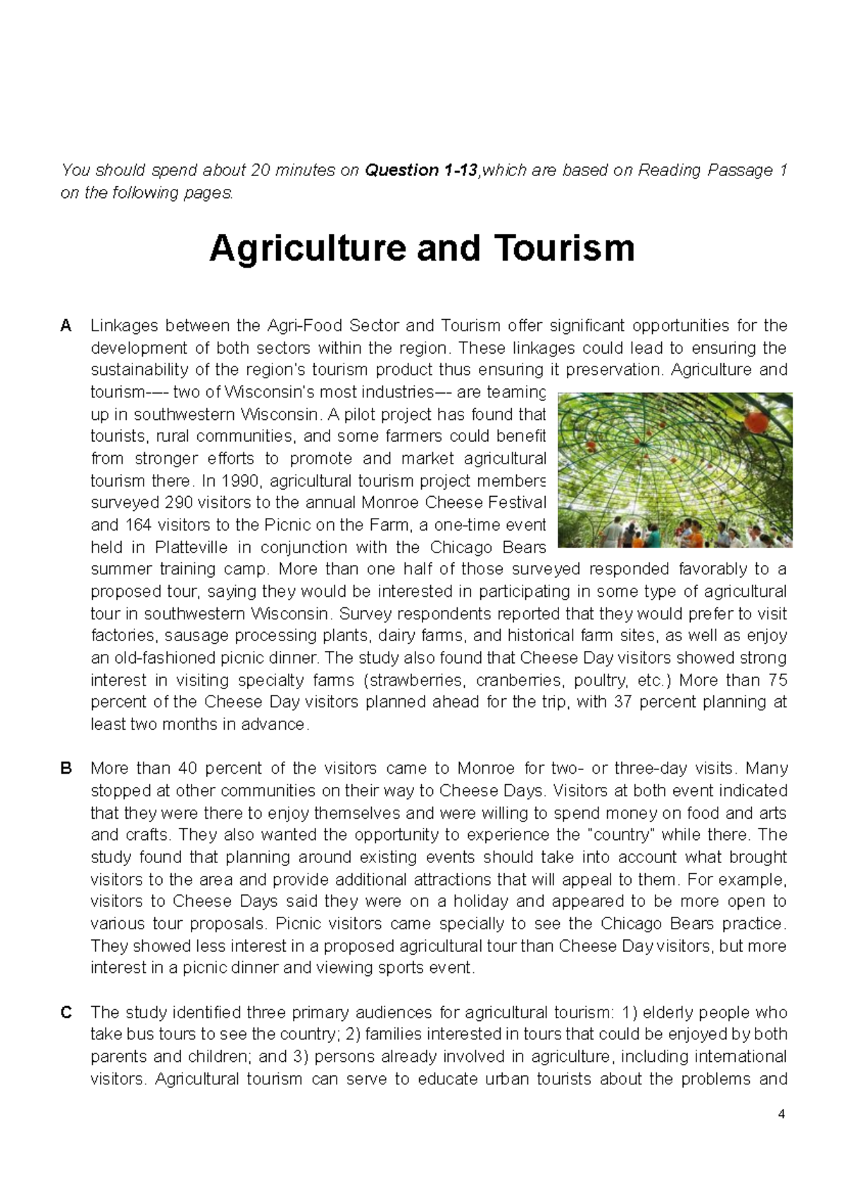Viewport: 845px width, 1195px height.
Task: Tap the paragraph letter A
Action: [66, 326]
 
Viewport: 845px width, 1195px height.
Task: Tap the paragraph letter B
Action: [66, 768]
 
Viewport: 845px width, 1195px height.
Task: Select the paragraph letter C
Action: [67, 1013]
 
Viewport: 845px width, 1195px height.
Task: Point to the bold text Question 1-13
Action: [420, 171]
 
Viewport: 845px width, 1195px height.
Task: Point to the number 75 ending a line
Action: [777, 681]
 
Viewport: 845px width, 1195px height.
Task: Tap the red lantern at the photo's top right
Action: [756, 421]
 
